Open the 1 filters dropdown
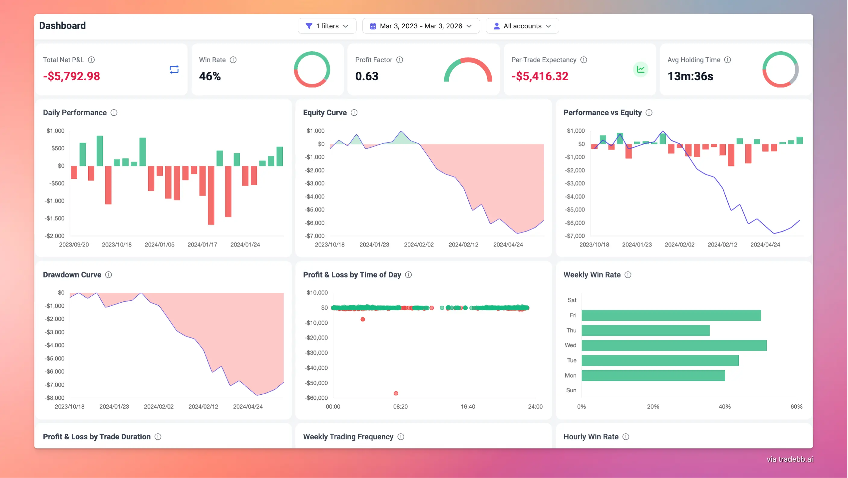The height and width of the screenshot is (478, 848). coord(327,26)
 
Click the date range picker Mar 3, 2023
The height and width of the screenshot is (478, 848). coord(421,26)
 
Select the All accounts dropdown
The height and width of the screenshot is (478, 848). coord(522,26)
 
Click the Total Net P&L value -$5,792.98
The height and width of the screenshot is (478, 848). coord(71,76)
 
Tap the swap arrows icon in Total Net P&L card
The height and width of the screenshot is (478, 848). coord(174,69)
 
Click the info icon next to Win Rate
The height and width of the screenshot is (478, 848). coord(233,60)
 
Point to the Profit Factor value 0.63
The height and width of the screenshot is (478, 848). coord(367,76)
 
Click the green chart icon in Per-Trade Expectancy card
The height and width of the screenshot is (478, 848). coord(640,69)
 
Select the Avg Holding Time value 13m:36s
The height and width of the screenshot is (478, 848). coord(690,76)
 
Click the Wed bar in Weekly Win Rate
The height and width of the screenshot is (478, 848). coord(674,345)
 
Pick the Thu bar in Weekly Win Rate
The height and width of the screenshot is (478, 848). coord(645,330)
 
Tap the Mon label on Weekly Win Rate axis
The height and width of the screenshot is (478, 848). coord(570,375)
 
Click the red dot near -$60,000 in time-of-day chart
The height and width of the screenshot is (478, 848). coord(396,393)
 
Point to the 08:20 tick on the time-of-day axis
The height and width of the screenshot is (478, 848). coord(400,406)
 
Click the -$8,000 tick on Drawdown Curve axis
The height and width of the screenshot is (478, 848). coord(55,397)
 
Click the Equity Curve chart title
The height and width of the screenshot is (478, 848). coord(325,113)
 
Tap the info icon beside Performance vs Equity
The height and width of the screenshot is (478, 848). coord(649,113)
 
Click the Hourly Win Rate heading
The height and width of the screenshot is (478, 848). coord(591,437)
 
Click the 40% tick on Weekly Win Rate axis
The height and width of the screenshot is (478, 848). coord(724,406)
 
